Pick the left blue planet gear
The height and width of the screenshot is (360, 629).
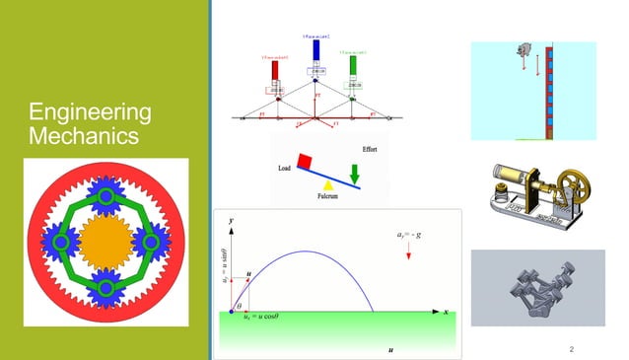(x=60, y=241)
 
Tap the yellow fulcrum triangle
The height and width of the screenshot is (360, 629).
(x=329, y=184)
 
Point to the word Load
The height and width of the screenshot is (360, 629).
(x=286, y=168)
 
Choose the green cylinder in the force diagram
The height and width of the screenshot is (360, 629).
(x=353, y=66)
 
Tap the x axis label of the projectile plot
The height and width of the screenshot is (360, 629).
(x=446, y=312)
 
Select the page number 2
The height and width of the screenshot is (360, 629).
(x=572, y=349)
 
